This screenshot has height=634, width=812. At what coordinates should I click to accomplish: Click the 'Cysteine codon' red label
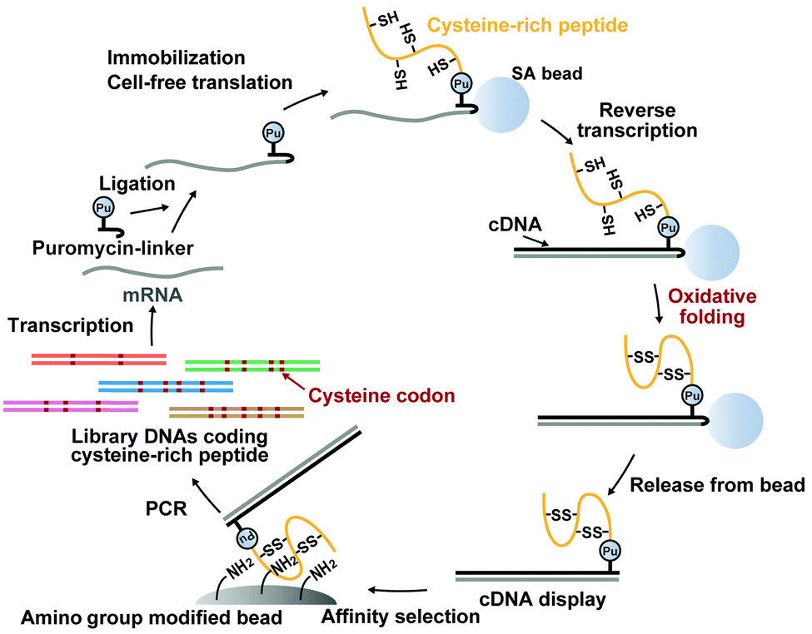pyautogui.click(x=382, y=396)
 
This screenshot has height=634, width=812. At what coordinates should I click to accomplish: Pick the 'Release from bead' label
pyautogui.click(x=717, y=485)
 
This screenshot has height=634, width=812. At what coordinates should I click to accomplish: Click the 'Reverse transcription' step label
pyautogui.click(x=646, y=121)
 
